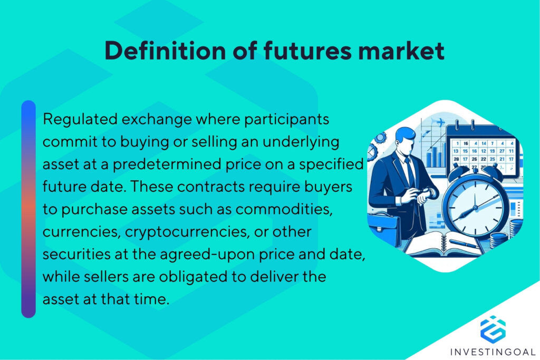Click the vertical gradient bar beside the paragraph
pos(28,209)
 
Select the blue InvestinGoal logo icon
pos(493,328)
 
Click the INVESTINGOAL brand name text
pos(493,352)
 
